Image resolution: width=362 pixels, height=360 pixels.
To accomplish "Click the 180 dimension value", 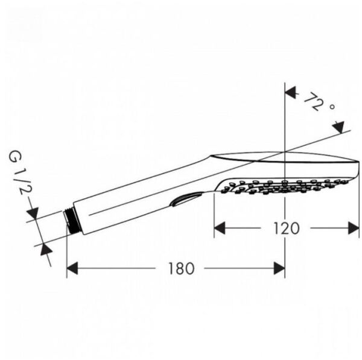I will tap(182, 268).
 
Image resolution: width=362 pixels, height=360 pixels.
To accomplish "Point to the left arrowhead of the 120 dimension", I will tap(221, 228).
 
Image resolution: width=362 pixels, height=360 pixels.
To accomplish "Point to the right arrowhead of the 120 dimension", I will tap(354, 228).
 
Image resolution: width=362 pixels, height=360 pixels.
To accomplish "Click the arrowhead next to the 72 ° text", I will tap(291, 94).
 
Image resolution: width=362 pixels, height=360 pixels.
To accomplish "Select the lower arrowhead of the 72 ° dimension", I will tap(338, 127).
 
